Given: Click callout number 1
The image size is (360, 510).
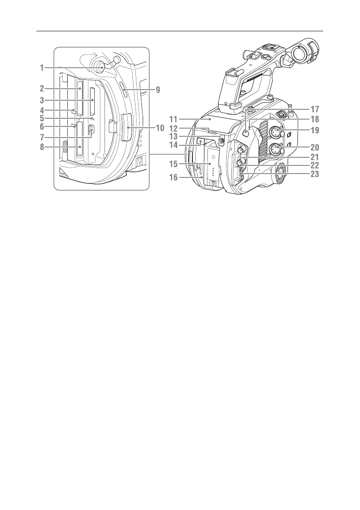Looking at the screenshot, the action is pos(42,68).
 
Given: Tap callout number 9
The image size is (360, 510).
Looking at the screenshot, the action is pos(157,90).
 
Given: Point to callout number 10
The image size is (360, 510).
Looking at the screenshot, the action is pos(160,128).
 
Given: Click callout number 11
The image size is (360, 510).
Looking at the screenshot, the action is pos(173,120).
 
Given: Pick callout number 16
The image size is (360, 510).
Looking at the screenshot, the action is pos(173,177).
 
